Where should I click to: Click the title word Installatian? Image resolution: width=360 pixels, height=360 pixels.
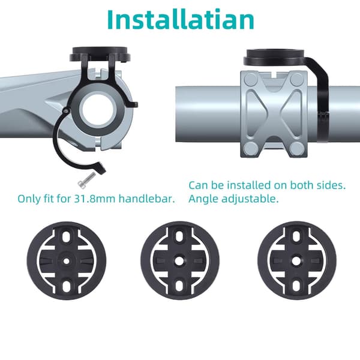tap(181, 19)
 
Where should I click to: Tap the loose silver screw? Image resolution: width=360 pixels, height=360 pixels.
tap(86, 180)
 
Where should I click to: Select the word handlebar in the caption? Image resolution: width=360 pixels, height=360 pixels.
tap(147, 199)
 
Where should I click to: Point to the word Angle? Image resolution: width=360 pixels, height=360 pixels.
tap(203, 199)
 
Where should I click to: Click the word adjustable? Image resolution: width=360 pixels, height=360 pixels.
tap(250, 199)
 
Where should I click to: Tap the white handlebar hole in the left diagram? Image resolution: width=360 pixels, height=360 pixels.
tap(98, 109)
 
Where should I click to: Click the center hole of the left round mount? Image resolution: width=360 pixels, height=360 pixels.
tap(66, 261)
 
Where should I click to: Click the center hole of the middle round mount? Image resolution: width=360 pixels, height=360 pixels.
tap(179, 261)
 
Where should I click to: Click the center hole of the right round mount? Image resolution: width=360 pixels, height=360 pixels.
tap(296, 261)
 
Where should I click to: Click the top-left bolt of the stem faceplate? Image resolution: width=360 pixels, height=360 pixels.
tap(251, 80)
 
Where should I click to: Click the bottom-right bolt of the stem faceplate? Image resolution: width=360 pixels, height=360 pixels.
tap(296, 149)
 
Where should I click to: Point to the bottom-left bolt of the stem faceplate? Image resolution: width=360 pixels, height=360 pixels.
tap(251, 149)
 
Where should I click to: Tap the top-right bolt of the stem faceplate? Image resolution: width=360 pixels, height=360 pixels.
tap(296, 80)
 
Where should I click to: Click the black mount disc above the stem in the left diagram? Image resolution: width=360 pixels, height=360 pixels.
tap(100, 54)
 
